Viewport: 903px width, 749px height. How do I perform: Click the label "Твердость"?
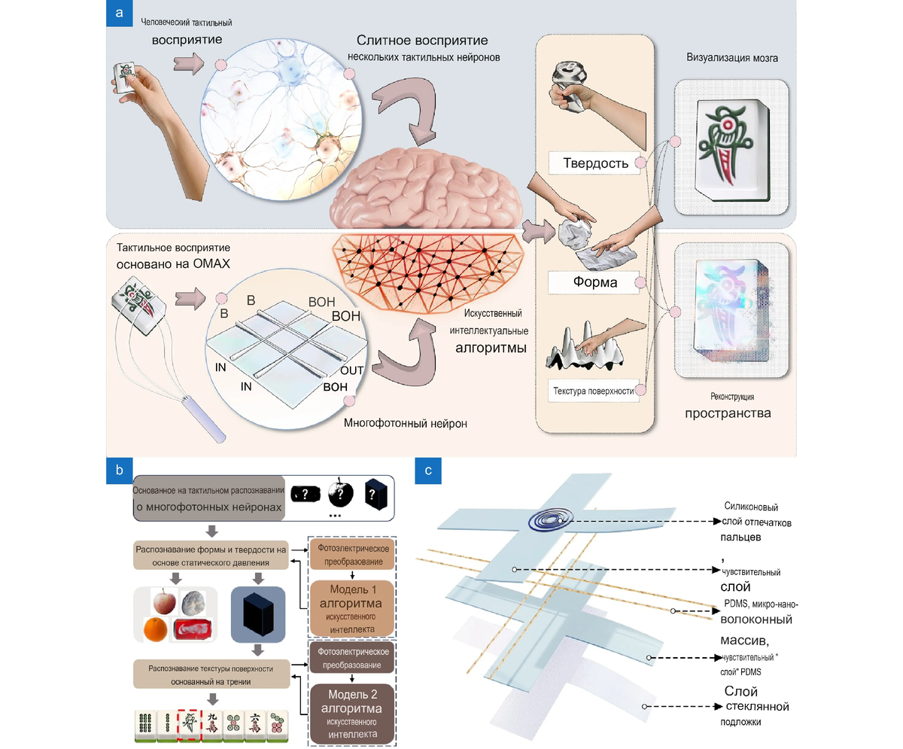click(x=594, y=163)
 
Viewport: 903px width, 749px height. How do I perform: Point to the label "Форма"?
click(x=594, y=283)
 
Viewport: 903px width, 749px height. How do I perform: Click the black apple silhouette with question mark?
click(x=341, y=493)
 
